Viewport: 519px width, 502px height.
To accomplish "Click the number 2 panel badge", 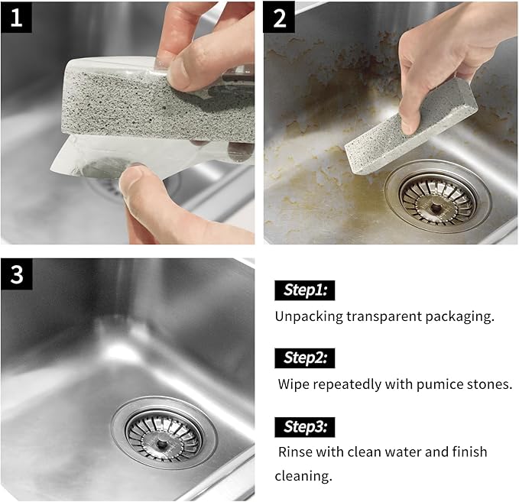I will (x=280, y=18).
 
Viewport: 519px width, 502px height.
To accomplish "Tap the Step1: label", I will (x=305, y=290).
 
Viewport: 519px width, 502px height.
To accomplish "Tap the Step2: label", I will (x=305, y=358).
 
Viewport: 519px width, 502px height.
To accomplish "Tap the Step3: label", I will (x=305, y=426).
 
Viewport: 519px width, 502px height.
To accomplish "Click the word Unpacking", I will (x=310, y=316).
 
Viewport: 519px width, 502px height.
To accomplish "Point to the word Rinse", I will (x=295, y=452).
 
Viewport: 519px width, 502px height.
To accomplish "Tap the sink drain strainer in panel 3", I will (x=164, y=432).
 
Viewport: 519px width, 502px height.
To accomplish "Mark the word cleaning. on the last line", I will (x=303, y=475).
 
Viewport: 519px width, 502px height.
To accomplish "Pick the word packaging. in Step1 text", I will (x=461, y=316).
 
